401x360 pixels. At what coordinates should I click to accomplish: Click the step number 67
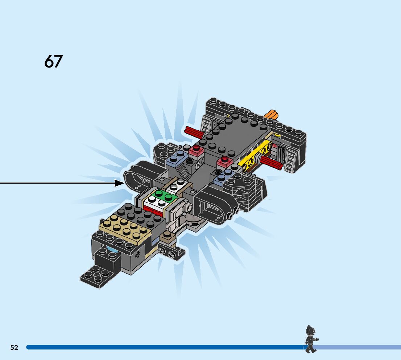click(53, 62)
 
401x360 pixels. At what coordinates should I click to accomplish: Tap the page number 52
click(14, 347)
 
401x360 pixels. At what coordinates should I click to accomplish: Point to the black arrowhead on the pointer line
click(120, 183)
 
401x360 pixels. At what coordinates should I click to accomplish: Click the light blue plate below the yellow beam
click(224, 176)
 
